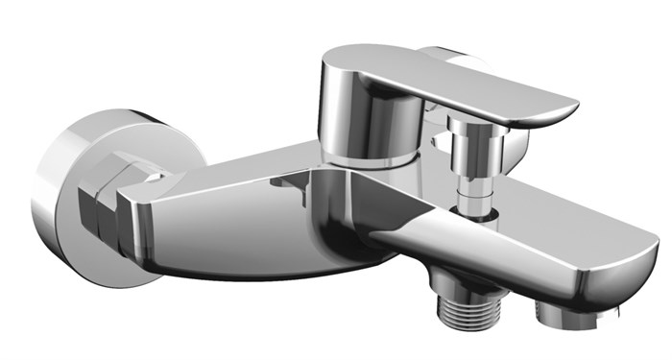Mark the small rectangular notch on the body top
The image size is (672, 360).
click(x=282, y=180)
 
